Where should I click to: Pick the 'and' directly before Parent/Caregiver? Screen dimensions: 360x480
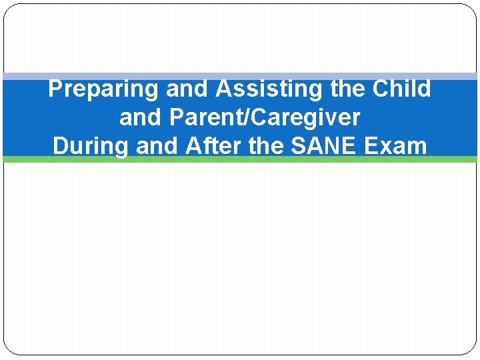141,118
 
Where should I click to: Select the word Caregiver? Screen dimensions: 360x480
301,118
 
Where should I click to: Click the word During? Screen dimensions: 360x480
91,146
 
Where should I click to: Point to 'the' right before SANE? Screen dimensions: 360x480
267,146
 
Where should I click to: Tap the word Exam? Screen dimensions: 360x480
399,146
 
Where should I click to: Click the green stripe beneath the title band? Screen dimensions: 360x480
240,159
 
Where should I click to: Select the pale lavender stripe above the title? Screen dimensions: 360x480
240,77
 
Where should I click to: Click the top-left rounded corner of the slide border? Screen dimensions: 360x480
8,9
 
